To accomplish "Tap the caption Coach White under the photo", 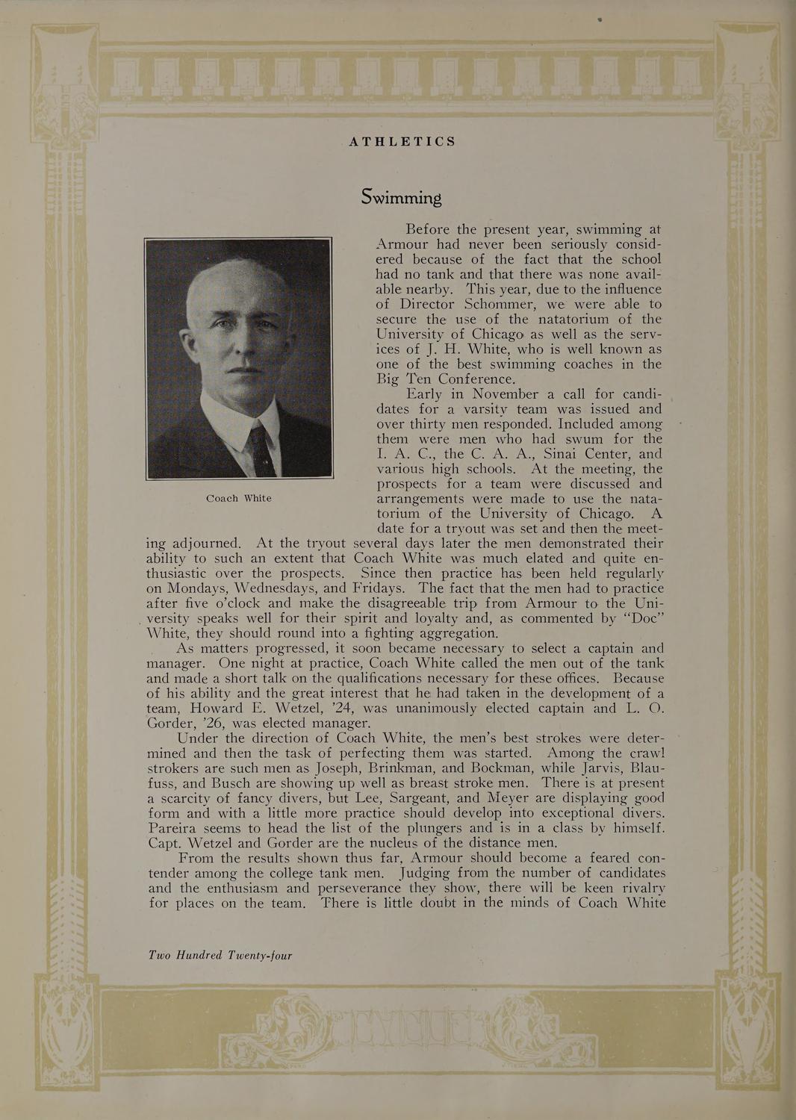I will (238, 498).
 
